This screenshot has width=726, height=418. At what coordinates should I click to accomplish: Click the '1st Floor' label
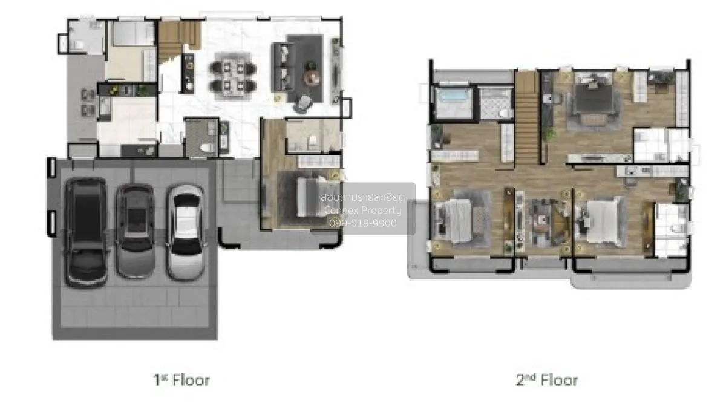(181, 380)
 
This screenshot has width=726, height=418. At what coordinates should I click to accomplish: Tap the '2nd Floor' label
(547, 380)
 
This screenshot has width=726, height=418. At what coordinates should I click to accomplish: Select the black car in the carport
(86, 232)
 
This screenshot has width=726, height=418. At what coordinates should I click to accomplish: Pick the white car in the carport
(185, 232)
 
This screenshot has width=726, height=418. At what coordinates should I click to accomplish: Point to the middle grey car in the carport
(135, 230)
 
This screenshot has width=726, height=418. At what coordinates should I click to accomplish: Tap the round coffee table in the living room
(312, 77)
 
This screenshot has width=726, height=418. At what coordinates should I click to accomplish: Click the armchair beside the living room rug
(303, 103)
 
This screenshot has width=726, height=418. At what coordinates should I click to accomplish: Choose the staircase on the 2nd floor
(528, 119)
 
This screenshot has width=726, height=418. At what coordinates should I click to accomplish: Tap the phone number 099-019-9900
(362, 223)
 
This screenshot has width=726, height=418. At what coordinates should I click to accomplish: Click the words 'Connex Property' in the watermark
(362, 211)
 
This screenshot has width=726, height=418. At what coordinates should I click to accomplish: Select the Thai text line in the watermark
(362, 197)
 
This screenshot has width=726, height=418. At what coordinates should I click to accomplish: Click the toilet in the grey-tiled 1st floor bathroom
(206, 148)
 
